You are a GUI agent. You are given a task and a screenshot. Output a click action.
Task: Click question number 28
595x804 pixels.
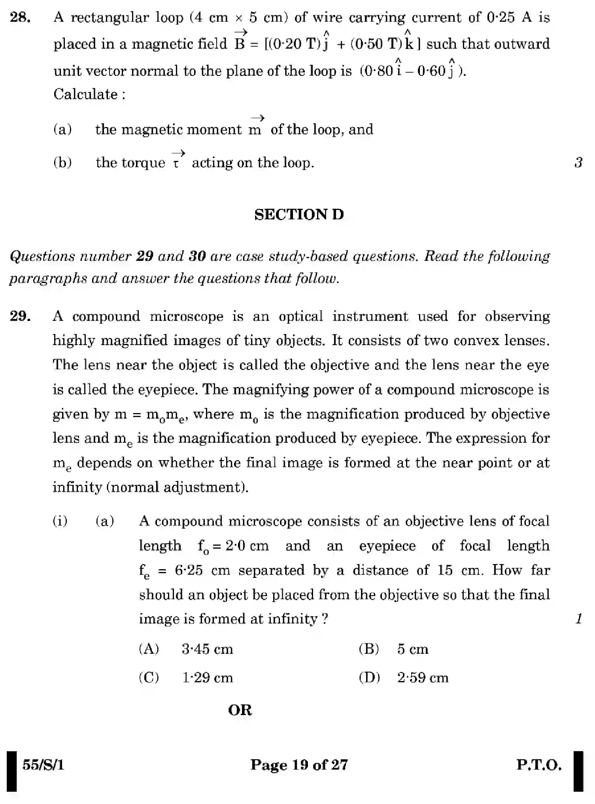click(x=20, y=18)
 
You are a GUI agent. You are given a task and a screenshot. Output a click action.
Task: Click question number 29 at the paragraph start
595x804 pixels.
click(x=20, y=317)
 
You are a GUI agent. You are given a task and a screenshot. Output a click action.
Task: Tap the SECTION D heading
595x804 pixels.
click(x=299, y=215)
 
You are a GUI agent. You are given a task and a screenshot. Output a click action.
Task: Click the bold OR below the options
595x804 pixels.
click(x=240, y=710)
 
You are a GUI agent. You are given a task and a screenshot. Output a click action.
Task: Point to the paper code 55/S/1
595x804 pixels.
click(x=43, y=765)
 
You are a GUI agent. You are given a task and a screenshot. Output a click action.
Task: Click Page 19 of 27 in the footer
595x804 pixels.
click(x=299, y=765)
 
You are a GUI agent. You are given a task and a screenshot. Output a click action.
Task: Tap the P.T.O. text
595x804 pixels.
click(x=539, y=765)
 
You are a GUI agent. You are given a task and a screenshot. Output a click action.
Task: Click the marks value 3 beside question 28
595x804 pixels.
click(x=578, y=162)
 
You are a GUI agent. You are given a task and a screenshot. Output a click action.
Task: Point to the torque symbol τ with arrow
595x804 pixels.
click(x=178, y=160)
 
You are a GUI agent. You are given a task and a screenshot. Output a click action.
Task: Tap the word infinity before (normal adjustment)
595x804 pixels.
click(x=77, y=487)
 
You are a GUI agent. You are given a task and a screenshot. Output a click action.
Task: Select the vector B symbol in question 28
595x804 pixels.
click(x=240, y=42)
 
